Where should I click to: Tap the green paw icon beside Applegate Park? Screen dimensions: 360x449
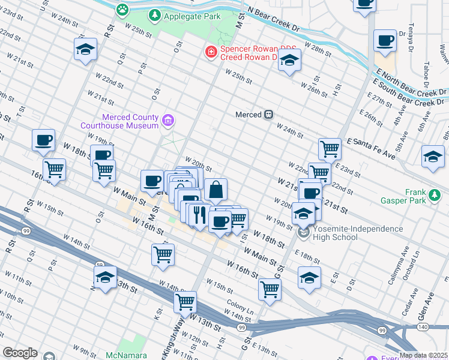[x=123, y=10]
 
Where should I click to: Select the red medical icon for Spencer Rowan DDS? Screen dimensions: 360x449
[x=211, y=53]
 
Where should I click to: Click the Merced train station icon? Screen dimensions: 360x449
[x=269, y=114]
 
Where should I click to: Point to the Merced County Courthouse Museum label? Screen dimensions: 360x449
[x=122, y=121]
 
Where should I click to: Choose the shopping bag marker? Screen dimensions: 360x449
[x=215, y=190]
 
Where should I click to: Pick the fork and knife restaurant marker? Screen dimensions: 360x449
[x=200, y=214]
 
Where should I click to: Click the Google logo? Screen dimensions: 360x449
[x=20, y=352]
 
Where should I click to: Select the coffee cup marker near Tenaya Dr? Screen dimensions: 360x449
[x=385, y=41]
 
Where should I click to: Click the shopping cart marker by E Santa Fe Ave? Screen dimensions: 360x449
[x=329, y=148]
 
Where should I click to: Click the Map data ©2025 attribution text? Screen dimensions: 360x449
[x=423, y=355]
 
